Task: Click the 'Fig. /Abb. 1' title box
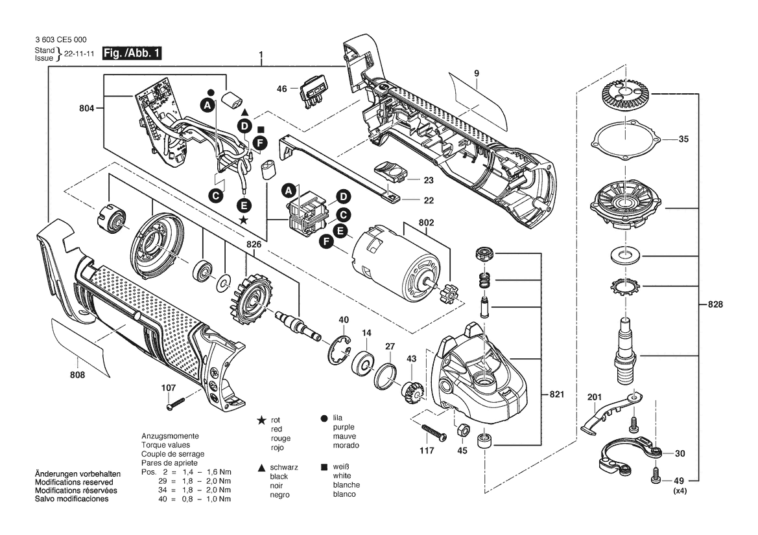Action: (132, 53)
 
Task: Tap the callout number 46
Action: (282, 89)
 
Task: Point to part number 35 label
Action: (683, 139)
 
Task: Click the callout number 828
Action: (715, 304)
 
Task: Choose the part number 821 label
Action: (557, 394)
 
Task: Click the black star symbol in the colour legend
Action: (261, 420)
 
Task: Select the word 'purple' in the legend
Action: (344, 427)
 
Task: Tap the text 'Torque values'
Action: (166, 445)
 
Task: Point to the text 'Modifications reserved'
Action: (74, 483)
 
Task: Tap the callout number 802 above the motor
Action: (426, 223)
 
